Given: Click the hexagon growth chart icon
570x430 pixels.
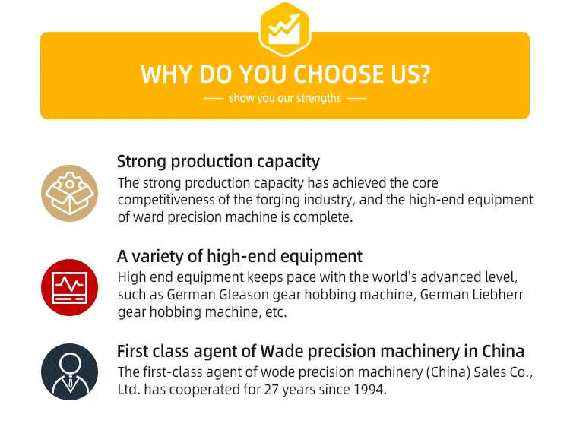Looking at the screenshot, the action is click(285, 30).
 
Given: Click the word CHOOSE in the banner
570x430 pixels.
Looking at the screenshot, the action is click(338, 74).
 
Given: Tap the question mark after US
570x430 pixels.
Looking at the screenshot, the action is click(424, 74).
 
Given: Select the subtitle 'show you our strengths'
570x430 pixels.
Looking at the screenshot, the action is click(285, 98).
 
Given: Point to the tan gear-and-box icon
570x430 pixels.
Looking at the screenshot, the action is click(69, 194).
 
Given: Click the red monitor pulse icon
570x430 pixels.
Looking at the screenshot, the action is click(69, 287).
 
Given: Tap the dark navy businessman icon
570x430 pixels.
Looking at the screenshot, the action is click(69, 372).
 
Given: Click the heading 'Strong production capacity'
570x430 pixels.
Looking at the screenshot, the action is click(218, 162).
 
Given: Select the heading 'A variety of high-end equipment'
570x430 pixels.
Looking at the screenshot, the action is click(239, 256).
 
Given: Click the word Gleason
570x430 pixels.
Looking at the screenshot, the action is click(244, 295).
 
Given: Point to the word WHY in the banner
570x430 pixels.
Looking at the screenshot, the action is click(166, 74).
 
